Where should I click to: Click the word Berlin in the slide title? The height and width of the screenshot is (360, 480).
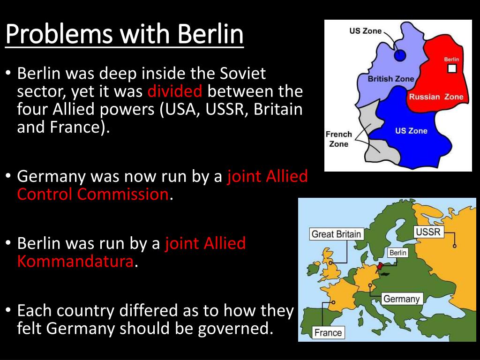click(210, 33)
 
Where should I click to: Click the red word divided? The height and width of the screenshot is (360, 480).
click(174, 91)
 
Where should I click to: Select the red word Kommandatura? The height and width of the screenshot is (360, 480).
click(75, 261)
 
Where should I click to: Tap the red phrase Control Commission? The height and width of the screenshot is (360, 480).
click(92, 194)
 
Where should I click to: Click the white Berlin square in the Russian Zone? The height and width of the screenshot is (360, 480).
click(452, 69)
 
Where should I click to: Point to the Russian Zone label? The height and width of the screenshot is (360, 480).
click(435, 97)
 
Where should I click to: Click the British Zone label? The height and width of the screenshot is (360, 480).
click(390, 79)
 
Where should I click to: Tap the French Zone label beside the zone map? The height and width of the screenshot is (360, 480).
click(338, 139)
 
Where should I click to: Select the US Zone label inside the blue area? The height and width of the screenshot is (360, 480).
click(411, 131)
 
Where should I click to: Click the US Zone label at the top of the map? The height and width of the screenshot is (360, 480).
click(366, 31)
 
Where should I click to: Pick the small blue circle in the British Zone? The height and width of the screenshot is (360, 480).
click(399, 56)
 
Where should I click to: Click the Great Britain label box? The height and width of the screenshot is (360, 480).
click(336, 234)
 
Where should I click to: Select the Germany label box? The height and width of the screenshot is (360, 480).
click(401, 299)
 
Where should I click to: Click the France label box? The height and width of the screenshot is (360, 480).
click(328, 332)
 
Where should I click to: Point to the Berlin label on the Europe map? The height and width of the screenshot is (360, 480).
click(397, 253)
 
